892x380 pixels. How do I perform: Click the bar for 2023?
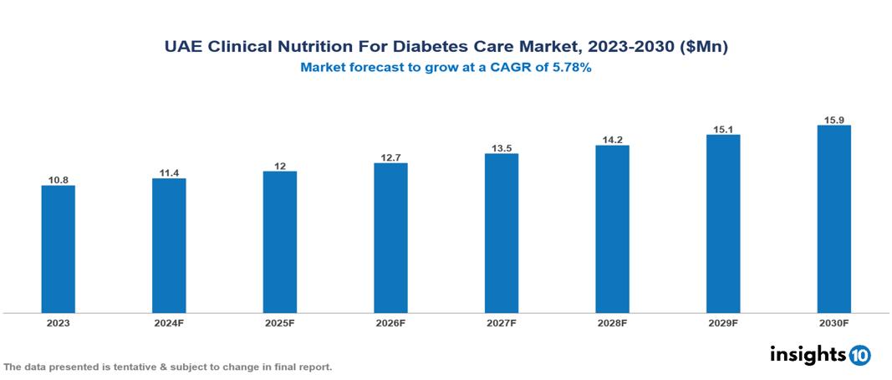coord(59,249)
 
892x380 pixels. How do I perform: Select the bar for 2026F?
coord(390,238)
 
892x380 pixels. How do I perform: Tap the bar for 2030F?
coord(833,218)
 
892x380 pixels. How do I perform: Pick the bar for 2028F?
coord(612,229)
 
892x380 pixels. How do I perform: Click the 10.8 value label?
coord(59,179)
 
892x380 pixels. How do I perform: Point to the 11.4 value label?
coord(169,172)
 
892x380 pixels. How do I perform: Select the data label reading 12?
coord(280,166)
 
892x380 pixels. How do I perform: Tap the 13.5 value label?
coord(502,148)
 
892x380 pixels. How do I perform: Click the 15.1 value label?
coord(723,129)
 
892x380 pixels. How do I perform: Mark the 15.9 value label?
coord(833,120)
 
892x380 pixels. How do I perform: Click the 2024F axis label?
coord(169,322)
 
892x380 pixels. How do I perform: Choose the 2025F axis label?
coord(280,322)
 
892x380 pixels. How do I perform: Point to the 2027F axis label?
coord(502,322)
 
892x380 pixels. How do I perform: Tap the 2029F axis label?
coord(723,322)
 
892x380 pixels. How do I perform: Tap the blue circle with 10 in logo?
coord(860,355)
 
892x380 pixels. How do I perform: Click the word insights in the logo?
coord(808,354)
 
